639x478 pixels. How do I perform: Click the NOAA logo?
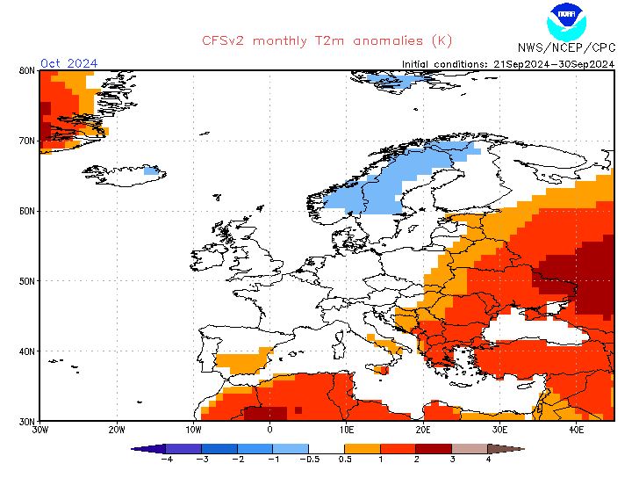pyautogui.click(x=566, y=22)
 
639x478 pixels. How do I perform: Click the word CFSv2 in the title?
pyautogui.click(x=223, y=40)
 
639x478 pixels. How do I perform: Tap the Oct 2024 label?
pyautogui.click(x=68, y=63)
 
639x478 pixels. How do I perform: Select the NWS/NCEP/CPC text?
pyautogui.click(x=566, y=47)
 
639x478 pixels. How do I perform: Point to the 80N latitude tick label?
pyautogui.click(x=27, y=70)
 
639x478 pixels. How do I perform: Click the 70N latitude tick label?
pyautogui.click(x=27, y=141)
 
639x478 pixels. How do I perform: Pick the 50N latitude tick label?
pyautogui.click(x=27, y=281)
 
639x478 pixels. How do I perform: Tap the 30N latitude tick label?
pyautogui.click(x=27, y=421)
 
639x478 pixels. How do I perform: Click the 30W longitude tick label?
pyautogui.click(x=40, y=430)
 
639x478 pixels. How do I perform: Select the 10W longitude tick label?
pyautogui.click(x=193, y=430)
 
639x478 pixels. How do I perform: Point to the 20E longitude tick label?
pyautogui.click(x=423, y=430)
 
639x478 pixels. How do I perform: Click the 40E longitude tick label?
pyautogui.click(x=576, y=430)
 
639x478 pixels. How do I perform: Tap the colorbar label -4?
pyautogui.click(x=167, y=460)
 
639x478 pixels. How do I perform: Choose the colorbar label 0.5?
pyautogui.click(x=345, y=460)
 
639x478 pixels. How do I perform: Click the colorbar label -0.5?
pyautogui.click(x=310, y=460)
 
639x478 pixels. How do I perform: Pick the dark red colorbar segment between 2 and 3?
pyautogui.click(x=434, y=449)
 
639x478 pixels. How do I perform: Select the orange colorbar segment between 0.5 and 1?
pyautogui.click(x=363, y=449)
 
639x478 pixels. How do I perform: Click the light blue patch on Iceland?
pyautogui.click(x=152, y=170)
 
